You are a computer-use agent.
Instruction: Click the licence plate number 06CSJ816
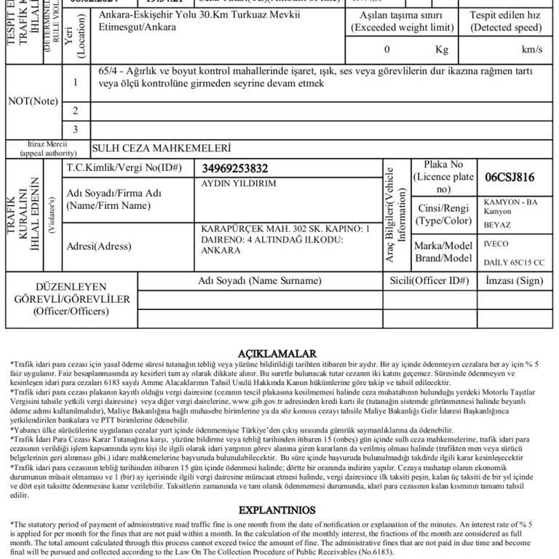(x=510, y=178)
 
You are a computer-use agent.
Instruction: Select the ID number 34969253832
(x=235, y=169)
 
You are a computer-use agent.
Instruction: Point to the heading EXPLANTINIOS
(x=277, y=510)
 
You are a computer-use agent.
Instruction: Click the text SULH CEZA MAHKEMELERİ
(x=162, y=149)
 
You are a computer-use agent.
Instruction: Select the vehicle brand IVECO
(x=496, y=244)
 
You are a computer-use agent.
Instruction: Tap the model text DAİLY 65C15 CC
(x=514, y=263)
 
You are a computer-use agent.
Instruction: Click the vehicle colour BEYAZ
(x=497, y=226)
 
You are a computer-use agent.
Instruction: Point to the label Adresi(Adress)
(x=99, y=246)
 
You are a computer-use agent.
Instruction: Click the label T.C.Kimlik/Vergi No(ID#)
(x=124, y=168)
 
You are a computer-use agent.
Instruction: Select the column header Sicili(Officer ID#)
(x=429, y=281)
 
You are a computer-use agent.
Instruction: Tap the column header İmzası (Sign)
(x=514, y=281)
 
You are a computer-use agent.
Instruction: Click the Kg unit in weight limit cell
(x=442, y=49)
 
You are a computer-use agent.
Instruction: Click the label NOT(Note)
(x=33, y=101)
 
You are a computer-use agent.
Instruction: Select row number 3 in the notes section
(x=75, y=130)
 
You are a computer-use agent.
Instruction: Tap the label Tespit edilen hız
(x=505, y=15)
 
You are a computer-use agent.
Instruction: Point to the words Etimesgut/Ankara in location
(x=134, y=27)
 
